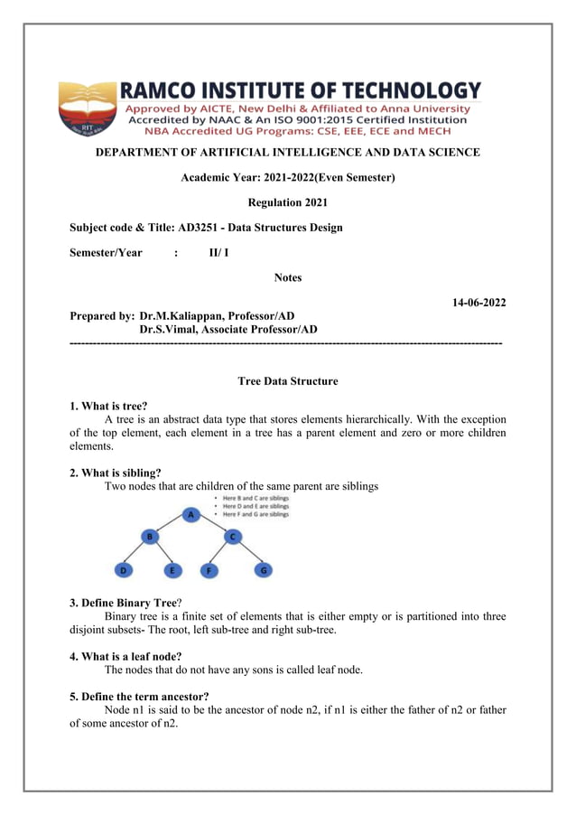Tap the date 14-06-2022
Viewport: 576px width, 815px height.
478,303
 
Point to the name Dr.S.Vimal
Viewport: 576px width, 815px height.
169,330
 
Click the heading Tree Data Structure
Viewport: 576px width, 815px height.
287,381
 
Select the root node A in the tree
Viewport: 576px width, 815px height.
191,514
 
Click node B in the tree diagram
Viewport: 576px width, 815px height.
149,537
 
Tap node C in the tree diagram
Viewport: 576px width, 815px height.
232,537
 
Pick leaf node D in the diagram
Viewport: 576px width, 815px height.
123,570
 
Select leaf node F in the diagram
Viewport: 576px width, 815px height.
209,570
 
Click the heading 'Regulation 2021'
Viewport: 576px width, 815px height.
287,202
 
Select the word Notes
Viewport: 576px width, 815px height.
287,277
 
